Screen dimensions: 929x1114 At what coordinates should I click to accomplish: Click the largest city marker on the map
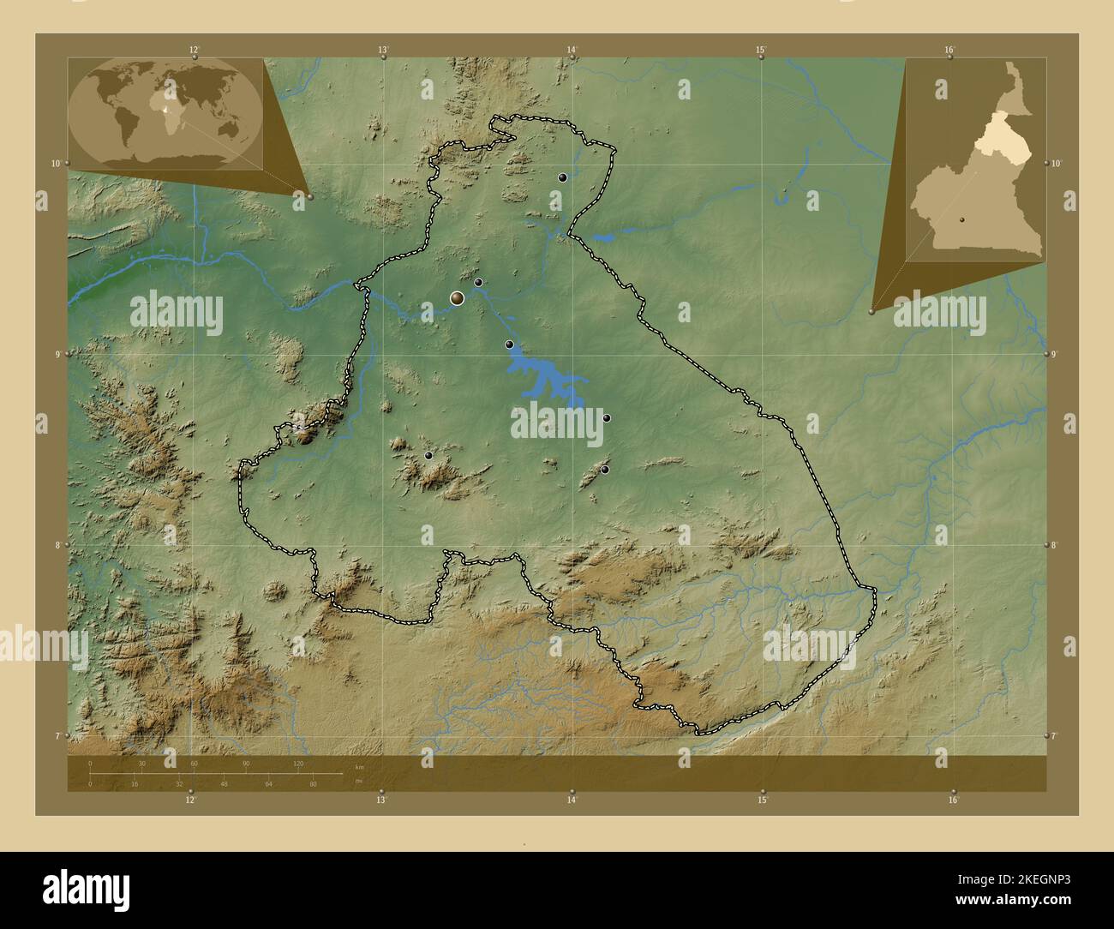[x=458, y=297]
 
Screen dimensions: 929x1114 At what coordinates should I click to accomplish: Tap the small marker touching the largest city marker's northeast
[x=478, y=282]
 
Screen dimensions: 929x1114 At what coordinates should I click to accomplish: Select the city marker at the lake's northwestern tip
[x=509, y=345]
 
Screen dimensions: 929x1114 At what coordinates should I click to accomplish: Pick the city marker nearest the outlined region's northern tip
[x=562, y=177]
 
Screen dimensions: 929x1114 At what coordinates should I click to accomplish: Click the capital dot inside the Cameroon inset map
[x=962, y=219]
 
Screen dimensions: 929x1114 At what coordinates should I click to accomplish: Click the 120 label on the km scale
[x=298, y=763]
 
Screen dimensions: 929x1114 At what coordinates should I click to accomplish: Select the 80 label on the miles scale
[x=313, y=784]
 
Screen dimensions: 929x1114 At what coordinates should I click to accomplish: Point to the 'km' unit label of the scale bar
[x=359, y=766]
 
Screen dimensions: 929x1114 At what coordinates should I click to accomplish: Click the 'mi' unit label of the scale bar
[x=356, y=781]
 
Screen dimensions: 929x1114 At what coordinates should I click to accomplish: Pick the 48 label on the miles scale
[x=224, y=784]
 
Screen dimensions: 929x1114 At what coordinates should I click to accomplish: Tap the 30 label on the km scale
[x=141, y=763]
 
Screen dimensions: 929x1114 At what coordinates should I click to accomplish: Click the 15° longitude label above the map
[x=760, y=50]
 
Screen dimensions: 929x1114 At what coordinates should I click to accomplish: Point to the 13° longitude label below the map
[x=380, y=800]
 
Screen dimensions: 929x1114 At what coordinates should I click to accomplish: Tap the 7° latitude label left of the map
[x=56, y=735]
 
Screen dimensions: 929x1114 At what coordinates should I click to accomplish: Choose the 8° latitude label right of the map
[x=1056, y=545]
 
